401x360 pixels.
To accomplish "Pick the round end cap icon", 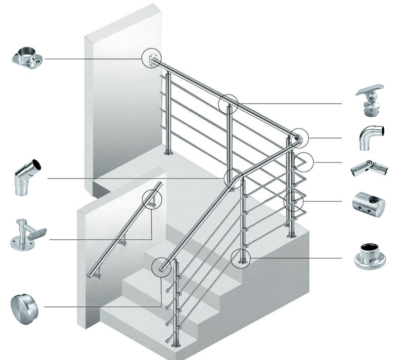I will [x=25, y=305].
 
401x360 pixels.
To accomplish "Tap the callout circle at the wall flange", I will [x=152, y=59].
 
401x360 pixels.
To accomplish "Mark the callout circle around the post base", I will [x=241, y=258].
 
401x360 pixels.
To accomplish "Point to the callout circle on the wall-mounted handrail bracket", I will [x=152, y=199].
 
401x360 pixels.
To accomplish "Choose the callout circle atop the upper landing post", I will [x=229, y=104].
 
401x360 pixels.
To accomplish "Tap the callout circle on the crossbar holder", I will [x=295, y=201].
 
